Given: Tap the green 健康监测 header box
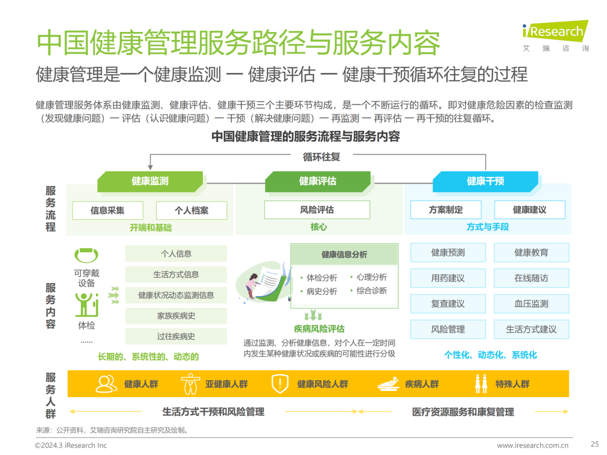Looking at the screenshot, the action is pyautogui.click(x=150, y=181).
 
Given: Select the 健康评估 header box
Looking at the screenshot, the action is pyautogui.click(x=318, y=181).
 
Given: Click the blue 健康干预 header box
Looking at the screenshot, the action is pyautogui.click(x=485, y=181).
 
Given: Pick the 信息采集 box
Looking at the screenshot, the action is pyautogui.click(x=107, y=211).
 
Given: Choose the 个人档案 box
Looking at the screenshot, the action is pyautogui.click(x=192, y=211).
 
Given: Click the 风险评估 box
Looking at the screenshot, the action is pyautogui.click(x=317, y=210).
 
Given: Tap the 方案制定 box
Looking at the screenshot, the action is pyautogui.click(x=446, y=210).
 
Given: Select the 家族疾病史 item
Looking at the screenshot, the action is pyautogui.click(x=176, y=316).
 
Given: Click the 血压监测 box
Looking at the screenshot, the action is pyautogui.click(x=531, y=304).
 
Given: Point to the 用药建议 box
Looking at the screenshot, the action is pyautogui.click(x=448, y=278).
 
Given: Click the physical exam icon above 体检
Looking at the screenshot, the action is pyautogui.click(x=87, y=304).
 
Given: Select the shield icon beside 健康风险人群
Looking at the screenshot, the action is pyautogui.click(x=279, y=384).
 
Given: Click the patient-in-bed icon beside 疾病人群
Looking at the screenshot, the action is pyautogui.click(x=388, y=384).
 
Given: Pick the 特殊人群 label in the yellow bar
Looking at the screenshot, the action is pyautogui.click(x=512, y=384).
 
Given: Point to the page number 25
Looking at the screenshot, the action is pyautogui.click(x=595, y=443).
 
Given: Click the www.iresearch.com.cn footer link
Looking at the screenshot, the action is pyautogui.click(x=533, y=445).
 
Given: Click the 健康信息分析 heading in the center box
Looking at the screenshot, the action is pyautogui.click(x=344, y=254).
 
